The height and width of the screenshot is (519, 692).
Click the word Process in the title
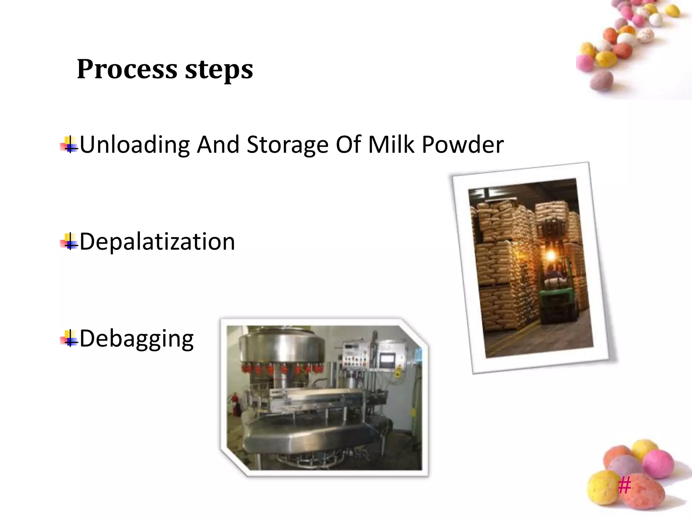(127, 69)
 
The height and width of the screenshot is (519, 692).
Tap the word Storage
(288, 145)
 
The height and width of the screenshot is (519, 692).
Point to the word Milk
(391, 144)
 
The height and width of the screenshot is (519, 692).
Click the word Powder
(463, 144)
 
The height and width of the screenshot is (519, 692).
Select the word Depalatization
(157, 242)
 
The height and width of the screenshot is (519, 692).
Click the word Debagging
(137, 339)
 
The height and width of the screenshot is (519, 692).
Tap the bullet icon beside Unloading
(69, 145)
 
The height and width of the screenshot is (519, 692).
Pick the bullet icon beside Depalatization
(69, 242)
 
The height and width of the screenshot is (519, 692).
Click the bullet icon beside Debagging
(69, 338)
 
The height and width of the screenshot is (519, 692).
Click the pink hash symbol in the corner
(624, 486)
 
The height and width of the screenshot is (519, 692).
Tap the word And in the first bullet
(218, 145)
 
